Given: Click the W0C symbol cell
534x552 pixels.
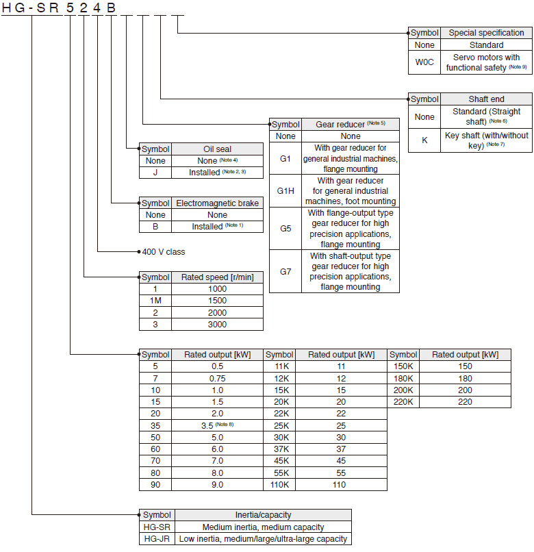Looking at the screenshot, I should (x=424, y=62).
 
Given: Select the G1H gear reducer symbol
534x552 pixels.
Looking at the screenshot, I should (x=285, y=191).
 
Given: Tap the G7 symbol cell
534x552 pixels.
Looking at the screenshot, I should (x=285, y=271).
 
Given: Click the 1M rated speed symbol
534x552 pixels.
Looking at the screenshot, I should (x=155, y=301).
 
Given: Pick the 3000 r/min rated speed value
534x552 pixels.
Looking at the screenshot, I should (x=217, y=324).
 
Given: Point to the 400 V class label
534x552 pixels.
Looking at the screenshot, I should (x=162, y=252).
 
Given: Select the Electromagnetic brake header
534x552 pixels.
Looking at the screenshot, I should (x=217, y=203).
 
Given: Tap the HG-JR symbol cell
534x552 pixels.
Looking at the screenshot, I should (x=156, y=538).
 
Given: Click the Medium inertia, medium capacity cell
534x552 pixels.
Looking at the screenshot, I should (x=263, y=527).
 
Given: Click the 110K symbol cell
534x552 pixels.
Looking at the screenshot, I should (x=279, y=485).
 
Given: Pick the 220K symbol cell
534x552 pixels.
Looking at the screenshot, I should (x=403, y=402).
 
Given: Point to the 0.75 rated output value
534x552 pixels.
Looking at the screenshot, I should (x=217, y=378).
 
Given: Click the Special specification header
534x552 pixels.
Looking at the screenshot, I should (x=486, y=33).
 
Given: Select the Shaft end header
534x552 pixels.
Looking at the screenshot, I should (x=486, y=99).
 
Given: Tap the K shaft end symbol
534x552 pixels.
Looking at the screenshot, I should (x=424, y=140).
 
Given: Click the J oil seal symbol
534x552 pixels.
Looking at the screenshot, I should (x=155, y=173).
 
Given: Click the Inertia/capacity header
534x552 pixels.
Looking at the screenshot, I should (x=263, y=515).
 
